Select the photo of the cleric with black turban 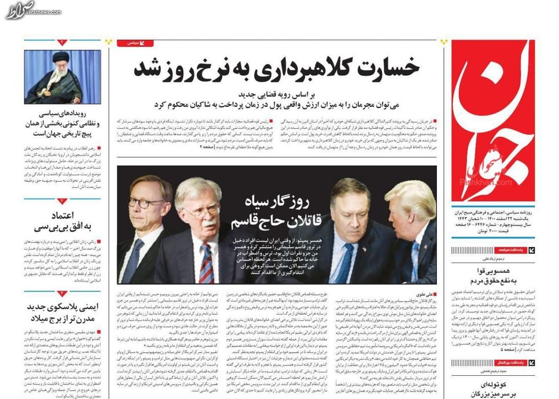[62, 77]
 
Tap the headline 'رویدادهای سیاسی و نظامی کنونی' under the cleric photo [62, 123]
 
